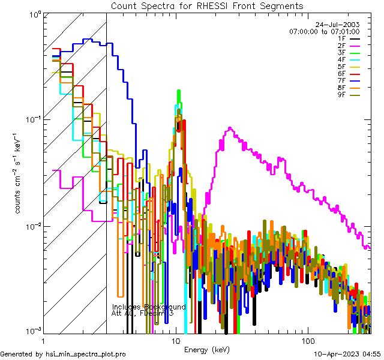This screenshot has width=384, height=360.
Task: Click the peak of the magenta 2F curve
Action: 230,128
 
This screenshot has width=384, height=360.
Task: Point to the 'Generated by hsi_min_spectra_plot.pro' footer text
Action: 63,355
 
